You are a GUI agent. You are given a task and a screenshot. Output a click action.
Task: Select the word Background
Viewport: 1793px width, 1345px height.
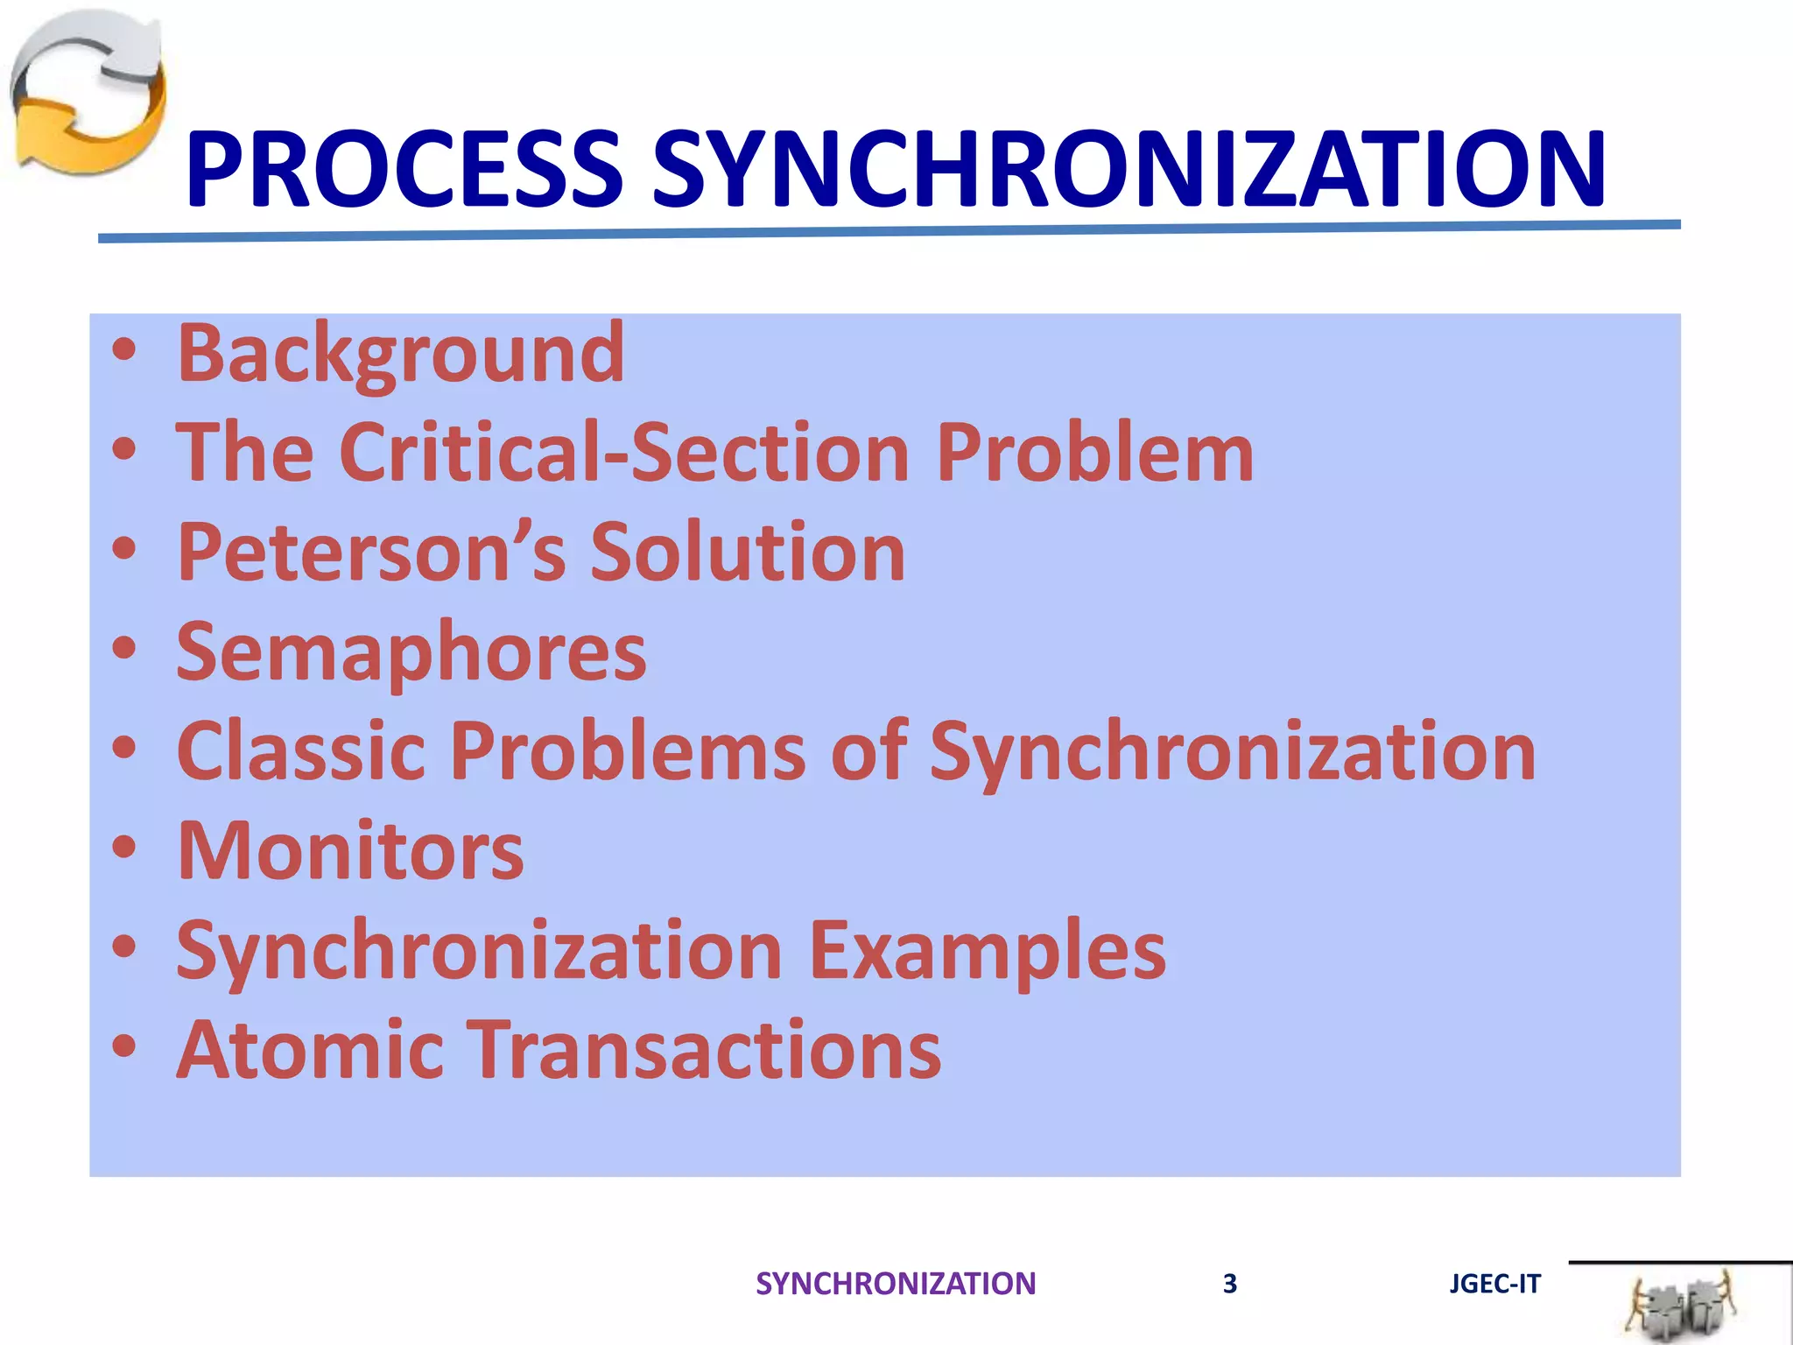pos(401,353)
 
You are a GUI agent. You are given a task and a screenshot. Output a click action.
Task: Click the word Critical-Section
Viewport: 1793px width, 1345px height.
pos(624,453)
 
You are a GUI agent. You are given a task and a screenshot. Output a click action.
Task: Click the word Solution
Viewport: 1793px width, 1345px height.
pos(748,552)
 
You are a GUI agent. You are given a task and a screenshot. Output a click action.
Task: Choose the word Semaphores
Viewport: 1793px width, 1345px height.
pos(411,652)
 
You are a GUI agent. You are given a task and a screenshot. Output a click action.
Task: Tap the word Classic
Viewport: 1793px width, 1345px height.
pos(300,751)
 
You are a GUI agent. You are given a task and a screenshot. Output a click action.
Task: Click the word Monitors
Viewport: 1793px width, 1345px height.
pos(350,851)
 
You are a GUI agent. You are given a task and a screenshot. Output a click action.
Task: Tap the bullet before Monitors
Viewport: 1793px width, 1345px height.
pos(124,848)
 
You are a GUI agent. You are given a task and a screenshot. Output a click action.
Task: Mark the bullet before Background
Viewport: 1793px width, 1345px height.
pos(124,350)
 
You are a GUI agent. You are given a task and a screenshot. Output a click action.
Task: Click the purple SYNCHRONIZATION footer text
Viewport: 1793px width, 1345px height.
pos(895,1284)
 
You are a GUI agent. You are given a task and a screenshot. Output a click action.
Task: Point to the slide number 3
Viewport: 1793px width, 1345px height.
pos(1229,1284)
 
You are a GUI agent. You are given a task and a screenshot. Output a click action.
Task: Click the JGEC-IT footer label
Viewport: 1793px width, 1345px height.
pos(1494,1284)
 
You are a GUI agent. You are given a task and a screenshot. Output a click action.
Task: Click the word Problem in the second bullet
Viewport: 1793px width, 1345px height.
pos(1094,453)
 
